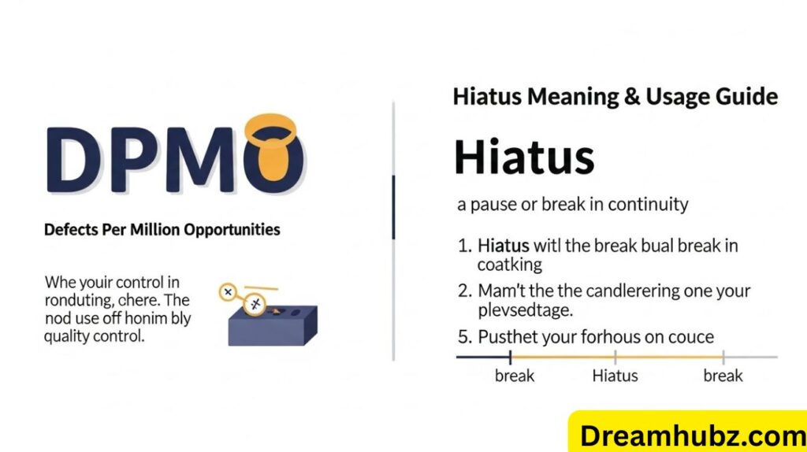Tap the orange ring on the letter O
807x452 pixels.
pos(273,128)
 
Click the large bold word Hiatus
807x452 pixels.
pos(524,157)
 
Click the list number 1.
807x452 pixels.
pos(463,246)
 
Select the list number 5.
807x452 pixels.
pos(463,337)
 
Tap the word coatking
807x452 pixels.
pos(510,265)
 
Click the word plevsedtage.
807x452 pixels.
pos(525,310)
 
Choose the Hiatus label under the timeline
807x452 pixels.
pos(615,376)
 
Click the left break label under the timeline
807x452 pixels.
pos(515,376)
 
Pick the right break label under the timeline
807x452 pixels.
pos(723,376)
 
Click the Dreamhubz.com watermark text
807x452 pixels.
pos(692,435)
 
